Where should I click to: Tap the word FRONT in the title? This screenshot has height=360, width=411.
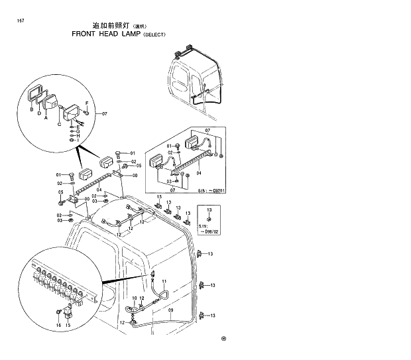coord(84,33)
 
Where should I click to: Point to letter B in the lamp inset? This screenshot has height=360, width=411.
coord(31,110)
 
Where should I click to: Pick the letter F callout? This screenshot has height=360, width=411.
coord(87,103)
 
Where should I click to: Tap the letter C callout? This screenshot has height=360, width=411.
coord(59,123)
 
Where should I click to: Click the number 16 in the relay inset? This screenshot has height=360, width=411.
coord(58,326)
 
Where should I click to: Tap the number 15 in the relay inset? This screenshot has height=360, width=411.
coord(68,326)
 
